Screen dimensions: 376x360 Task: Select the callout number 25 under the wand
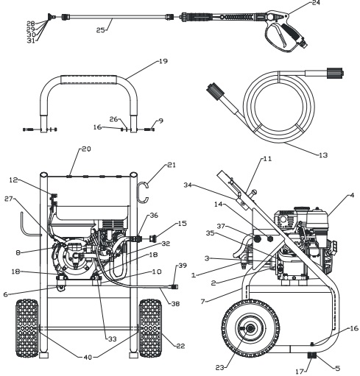[x=101, y=29]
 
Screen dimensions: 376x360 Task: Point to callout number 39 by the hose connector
[x=180, y=264]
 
